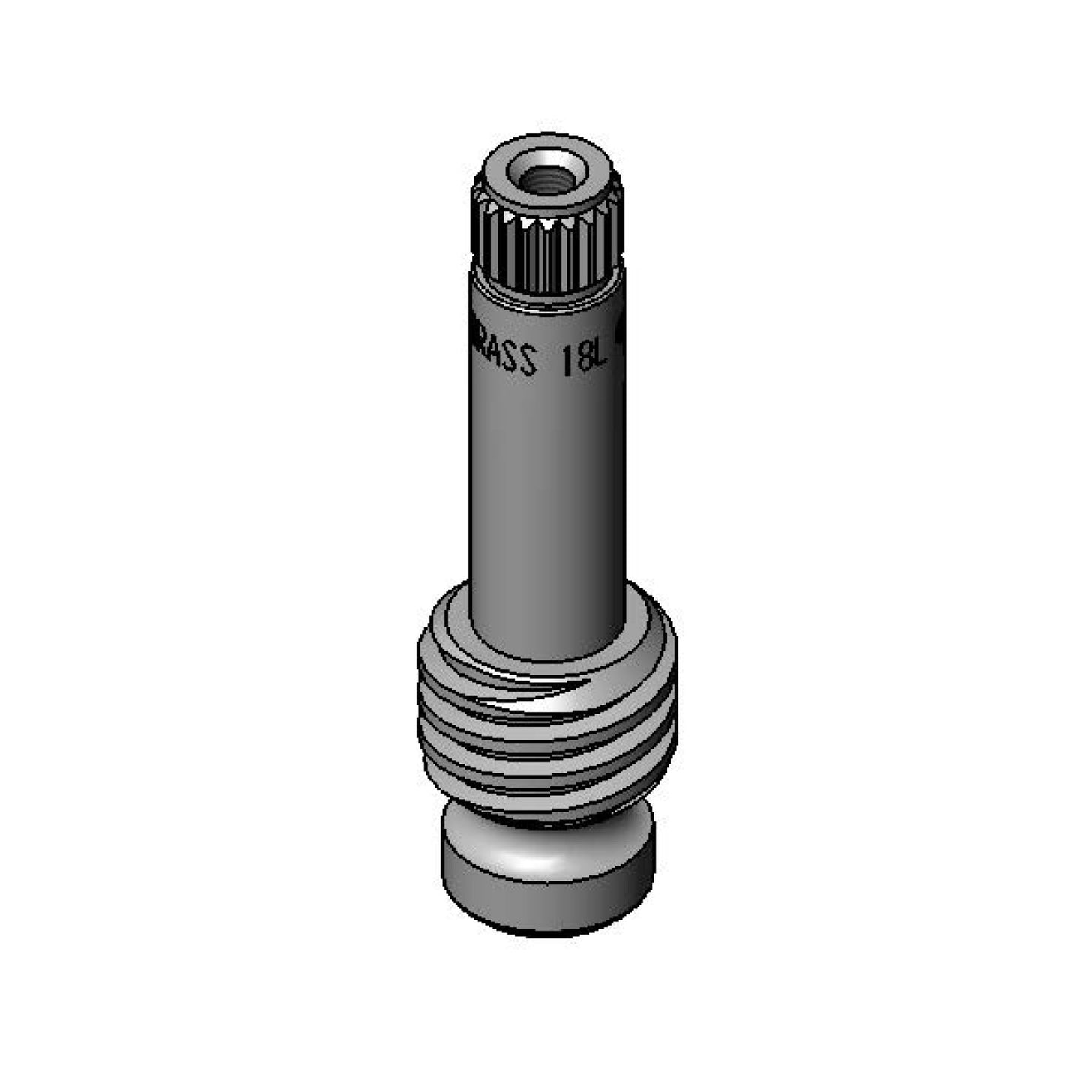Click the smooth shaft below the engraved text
[547, 487]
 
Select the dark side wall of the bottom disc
[546, 903]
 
